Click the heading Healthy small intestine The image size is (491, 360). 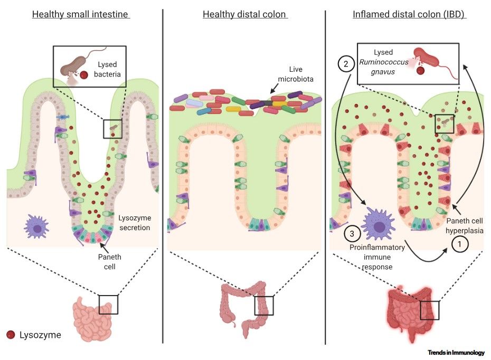pos(81,14)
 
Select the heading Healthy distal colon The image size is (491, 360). pos(245,14)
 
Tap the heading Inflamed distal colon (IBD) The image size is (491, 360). pos(409,14)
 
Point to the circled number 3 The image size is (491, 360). pos(352,232)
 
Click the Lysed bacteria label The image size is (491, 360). pos(108,69)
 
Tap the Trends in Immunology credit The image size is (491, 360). pos(458,352)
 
